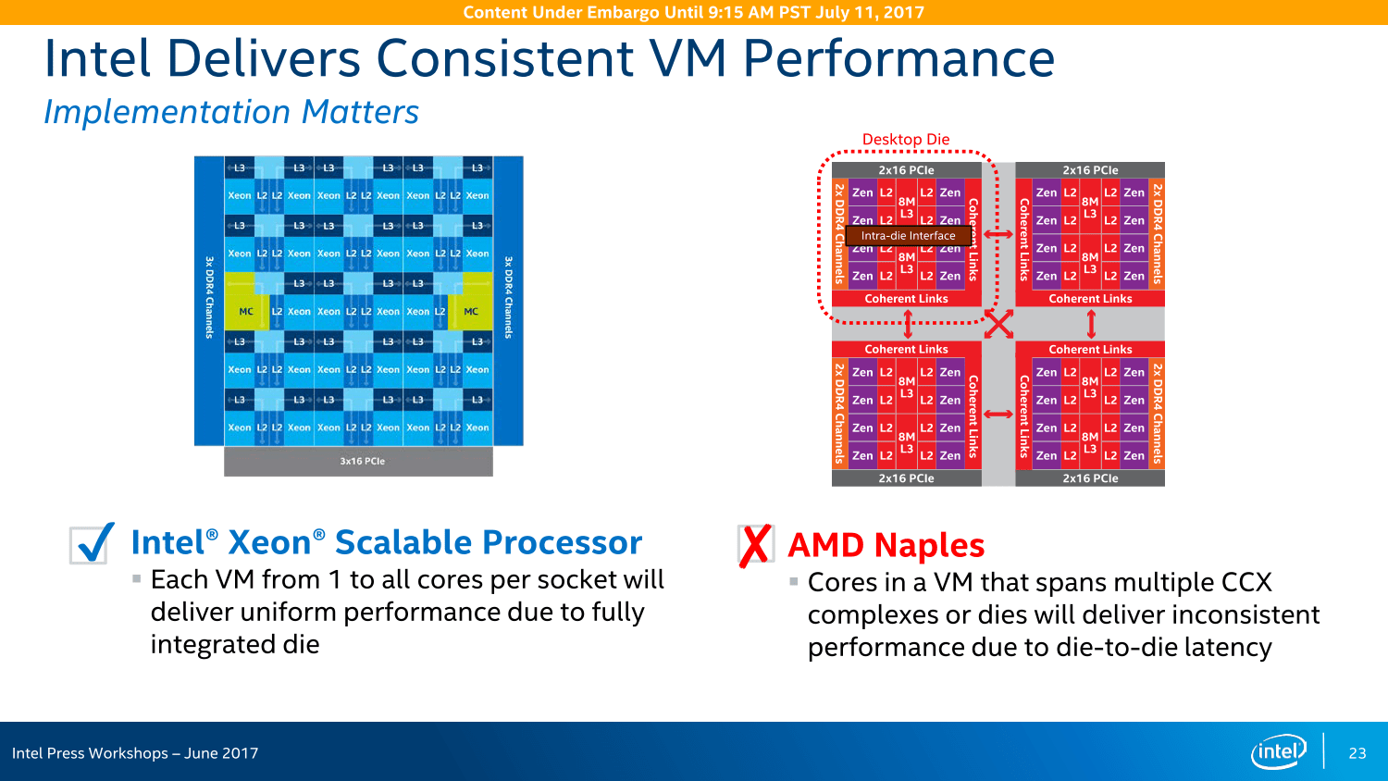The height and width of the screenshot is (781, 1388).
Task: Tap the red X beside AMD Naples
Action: coord(755,545)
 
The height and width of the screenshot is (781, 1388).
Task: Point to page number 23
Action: coord(1357,753)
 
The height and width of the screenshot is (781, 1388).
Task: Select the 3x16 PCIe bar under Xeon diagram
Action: coord(358,461)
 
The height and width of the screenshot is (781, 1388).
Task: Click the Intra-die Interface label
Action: coord(908,236)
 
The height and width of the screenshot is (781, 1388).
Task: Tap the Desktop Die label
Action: coord(905,140)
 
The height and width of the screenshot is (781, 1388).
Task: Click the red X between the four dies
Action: coord(998,324)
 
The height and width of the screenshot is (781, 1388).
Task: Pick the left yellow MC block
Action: coord(246,312)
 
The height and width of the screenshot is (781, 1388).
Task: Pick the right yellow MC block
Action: coord(471,312)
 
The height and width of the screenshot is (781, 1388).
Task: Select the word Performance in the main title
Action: coord(898,58)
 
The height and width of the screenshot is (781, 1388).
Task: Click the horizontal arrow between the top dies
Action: coord(998,234)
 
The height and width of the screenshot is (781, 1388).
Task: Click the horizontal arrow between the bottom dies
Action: coord(998,414)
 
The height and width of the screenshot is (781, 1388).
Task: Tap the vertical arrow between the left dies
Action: coord(908,324)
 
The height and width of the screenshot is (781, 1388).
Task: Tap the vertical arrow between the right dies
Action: coord(1091,324)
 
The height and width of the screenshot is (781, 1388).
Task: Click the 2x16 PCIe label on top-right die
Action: coord(1090,170)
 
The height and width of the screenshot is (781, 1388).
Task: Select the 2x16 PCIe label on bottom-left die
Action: coord(906,478)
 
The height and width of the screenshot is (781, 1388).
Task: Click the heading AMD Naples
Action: coord(886,546)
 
